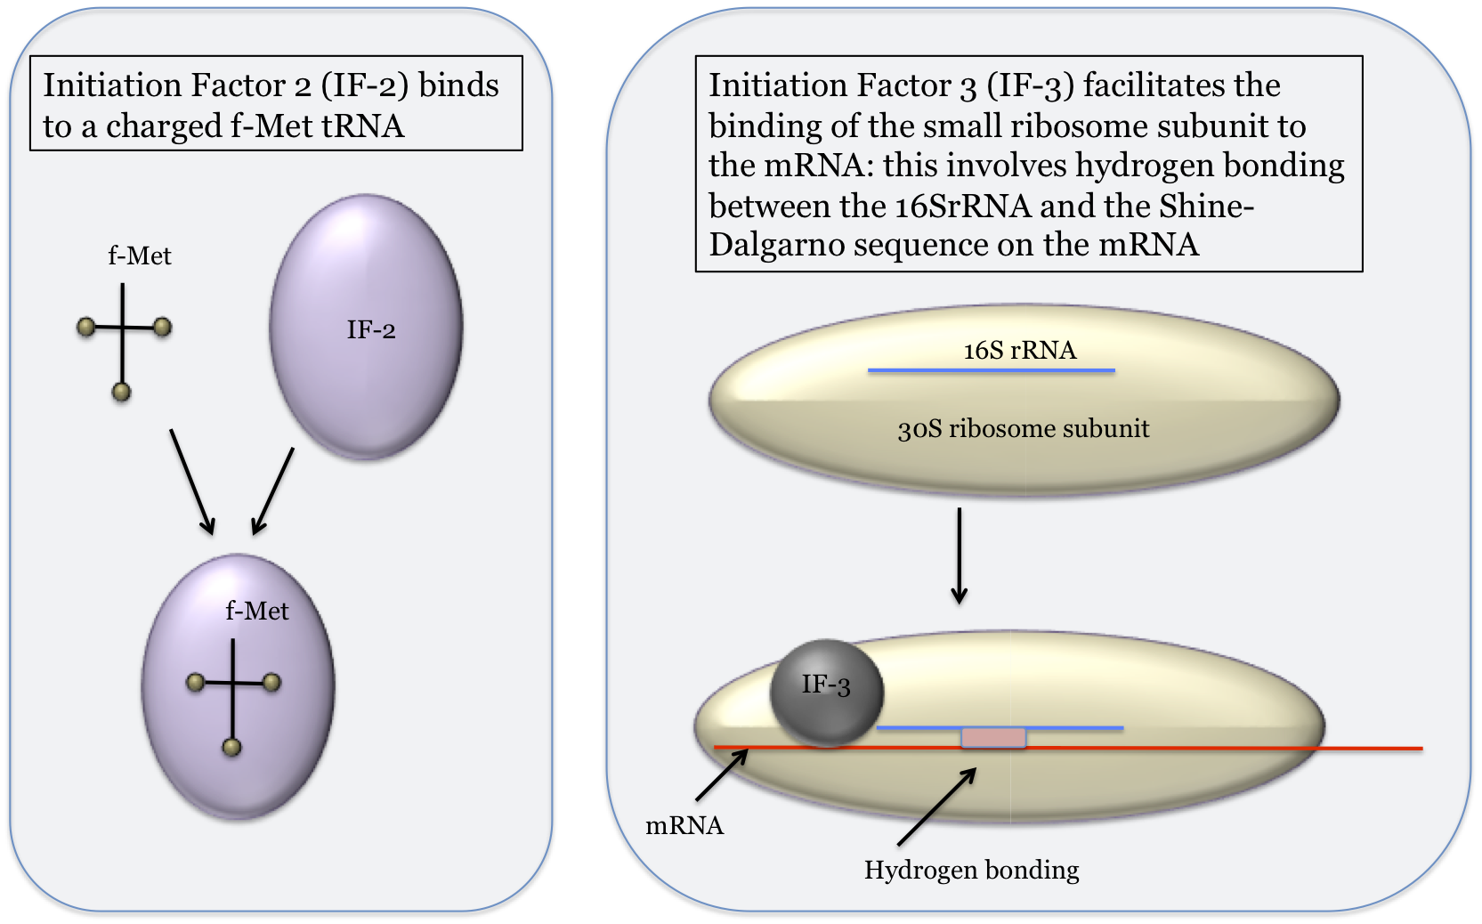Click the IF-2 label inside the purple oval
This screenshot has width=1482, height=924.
click(370, 330)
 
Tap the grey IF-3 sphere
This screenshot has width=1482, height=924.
click(827, 691)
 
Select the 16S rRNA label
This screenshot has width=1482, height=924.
click(1019, 350)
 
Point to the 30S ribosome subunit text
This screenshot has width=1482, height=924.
click(1023, 429)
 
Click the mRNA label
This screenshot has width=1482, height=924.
click(684, 826)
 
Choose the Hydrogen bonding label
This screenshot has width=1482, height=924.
click(971, 870)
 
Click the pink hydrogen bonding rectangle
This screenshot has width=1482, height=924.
click(993, 737)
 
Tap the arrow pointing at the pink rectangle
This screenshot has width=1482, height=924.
click(936, 806)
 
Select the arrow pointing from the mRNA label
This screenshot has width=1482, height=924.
click(721, 775)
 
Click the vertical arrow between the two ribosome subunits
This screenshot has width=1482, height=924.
click(959, 555)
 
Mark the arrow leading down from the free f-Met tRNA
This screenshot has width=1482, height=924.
click(191, 482)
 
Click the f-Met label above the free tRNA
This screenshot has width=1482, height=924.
click(140, 256)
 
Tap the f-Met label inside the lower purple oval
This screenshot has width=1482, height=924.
click(257, 611)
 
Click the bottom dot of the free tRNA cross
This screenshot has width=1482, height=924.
click(122, 392)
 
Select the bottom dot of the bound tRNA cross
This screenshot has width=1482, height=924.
click(232, 747)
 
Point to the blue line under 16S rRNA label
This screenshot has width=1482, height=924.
click(991, 370)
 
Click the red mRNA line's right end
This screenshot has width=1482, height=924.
click(1420, 749)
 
